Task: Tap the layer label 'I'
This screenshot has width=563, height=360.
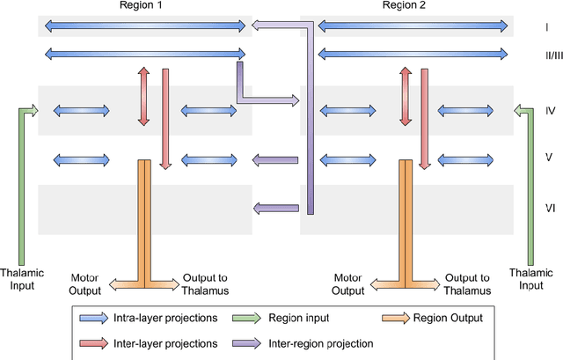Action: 546,27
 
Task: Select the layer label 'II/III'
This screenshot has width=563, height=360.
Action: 546,55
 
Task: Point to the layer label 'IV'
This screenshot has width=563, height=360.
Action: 546,111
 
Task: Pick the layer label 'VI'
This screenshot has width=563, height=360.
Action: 546,208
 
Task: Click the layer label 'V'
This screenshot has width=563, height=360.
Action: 546,159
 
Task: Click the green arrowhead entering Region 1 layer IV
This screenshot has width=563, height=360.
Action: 33,111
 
